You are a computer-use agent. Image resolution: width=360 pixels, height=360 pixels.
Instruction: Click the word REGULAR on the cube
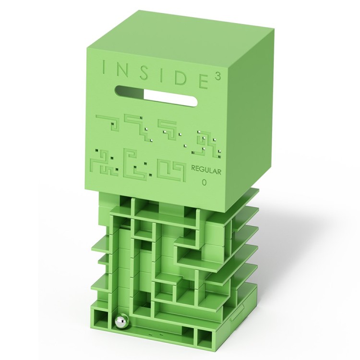[206, 171]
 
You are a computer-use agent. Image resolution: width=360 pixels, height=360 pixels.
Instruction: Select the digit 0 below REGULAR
[204, 183]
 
